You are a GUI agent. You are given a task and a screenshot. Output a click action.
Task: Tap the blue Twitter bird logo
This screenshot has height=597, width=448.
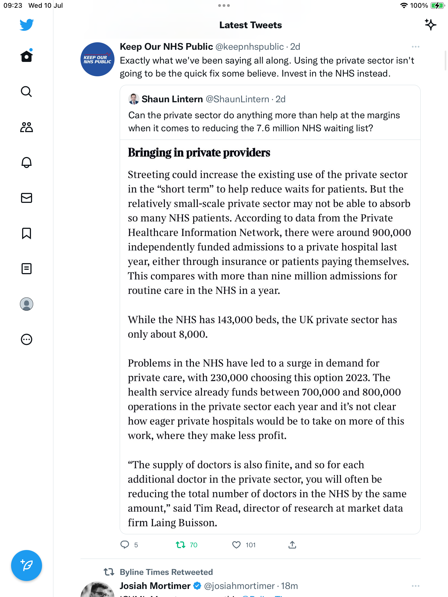pos(27,25)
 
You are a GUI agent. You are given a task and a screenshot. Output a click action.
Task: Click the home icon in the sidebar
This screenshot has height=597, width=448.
pos(27,56)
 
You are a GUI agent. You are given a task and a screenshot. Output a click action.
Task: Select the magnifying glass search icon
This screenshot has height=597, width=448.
pos(27,92)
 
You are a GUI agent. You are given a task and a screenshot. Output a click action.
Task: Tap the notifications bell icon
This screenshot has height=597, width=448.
pos(27,163)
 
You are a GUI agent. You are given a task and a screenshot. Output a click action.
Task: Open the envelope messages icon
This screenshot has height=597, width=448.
pos(27,198)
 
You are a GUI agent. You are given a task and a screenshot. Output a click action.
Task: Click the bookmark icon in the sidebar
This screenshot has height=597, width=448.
pos(27,233)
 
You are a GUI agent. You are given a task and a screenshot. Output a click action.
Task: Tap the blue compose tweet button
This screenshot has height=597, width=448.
pos(27,565)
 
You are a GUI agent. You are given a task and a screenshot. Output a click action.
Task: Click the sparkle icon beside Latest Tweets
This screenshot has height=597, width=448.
pos(430,25)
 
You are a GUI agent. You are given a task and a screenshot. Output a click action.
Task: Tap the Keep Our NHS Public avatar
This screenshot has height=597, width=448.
pos(97,59)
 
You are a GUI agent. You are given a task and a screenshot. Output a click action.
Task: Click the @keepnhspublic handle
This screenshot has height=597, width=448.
pos(249,47)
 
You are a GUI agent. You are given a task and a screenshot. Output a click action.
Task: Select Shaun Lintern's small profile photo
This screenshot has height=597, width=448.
pos(134,99)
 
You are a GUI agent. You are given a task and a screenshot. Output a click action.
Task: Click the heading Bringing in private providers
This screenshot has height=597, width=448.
pos(199,153)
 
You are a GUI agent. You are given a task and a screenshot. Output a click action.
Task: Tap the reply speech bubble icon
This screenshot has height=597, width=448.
pos(125,544)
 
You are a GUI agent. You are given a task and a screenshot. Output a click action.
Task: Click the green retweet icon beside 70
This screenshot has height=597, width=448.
pos(181,545)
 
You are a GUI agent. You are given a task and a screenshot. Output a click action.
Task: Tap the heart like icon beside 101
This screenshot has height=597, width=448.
pos(236,545)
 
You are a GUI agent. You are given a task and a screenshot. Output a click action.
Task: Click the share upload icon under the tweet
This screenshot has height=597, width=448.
pos(292,545)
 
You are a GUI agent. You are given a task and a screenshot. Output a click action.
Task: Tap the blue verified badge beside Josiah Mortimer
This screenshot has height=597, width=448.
pos(197,586)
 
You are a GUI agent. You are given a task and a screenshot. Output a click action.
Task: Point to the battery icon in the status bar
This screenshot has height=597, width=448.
pos(437,6)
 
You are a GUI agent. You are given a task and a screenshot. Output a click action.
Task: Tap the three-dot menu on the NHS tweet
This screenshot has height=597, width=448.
pos(415,47)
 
